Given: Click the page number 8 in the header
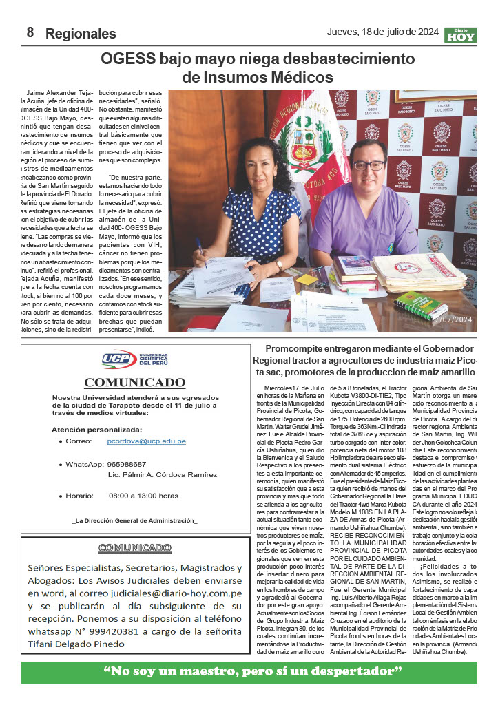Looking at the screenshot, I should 30,32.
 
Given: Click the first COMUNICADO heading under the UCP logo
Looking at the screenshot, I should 135,382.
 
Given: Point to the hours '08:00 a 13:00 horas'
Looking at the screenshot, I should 143,496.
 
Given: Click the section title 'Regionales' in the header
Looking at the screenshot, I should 81,33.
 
